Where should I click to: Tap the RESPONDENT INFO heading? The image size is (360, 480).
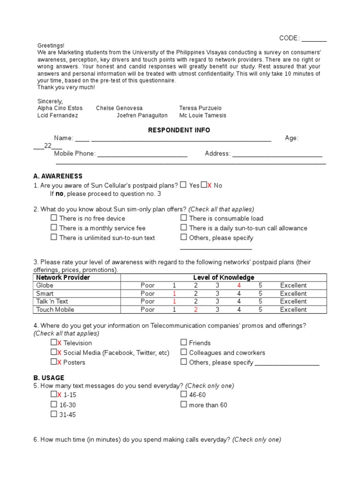[179, 130]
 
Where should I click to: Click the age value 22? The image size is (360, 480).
[47, 146]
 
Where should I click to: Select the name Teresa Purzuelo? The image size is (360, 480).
[200, 108]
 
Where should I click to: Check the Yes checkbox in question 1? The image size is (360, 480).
[183, 185]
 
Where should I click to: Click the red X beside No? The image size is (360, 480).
[210, 185]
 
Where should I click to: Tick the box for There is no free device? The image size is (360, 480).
[54, 218]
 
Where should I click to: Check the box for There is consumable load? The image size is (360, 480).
[184, 218]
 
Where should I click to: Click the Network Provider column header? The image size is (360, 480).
[63, 277]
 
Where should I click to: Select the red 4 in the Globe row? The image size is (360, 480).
[239, 285]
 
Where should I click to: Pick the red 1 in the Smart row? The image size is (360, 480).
[174, 293]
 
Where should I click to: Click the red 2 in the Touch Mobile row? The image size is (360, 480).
[196, 309]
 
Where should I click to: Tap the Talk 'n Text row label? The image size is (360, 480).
[52, 301]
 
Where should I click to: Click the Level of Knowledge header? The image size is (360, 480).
[224, 277]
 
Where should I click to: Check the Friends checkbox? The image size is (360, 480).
[184, 343]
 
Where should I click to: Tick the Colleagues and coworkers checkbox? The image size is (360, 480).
[184, 352]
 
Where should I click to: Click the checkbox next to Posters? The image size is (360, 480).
[54, 362]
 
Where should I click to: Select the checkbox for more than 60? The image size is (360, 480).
[184, 405]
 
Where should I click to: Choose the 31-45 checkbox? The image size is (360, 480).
[54, 414]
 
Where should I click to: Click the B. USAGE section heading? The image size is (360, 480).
[49, 378]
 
